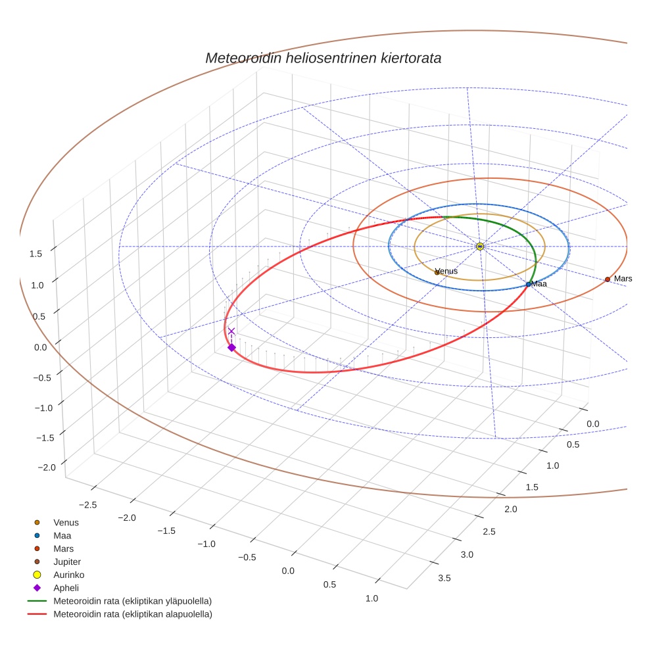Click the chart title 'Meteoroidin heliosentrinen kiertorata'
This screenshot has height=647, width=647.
tap(323, 58)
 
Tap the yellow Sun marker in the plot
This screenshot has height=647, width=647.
tap(480, 246)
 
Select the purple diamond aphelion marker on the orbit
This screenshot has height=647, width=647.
tap(231, 347)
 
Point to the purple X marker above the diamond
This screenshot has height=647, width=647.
tap(231, 331)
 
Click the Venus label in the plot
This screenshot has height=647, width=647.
tap(447, 271)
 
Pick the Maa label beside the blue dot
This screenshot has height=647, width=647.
tap(539, 284)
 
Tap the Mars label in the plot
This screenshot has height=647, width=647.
tap(623, 279)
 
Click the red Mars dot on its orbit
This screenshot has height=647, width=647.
tap(608, 279)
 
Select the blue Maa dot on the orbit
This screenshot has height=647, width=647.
tap(529, 284)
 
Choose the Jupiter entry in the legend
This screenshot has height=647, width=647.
tap(66, 562)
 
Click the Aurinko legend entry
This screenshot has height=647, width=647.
tap(68, 575)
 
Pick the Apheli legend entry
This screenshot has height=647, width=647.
tap(66, 588)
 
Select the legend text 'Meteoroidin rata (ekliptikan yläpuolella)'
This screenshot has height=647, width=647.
tap(132, 601)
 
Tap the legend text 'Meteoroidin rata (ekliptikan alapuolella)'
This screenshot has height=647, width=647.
tap(132, 614)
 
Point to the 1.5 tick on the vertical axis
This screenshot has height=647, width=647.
tap(37, 254)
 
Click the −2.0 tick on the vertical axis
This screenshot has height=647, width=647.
tap(47, 467)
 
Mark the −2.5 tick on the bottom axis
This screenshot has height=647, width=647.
tap(89, 504)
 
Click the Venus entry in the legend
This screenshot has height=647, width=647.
tap(66, 522)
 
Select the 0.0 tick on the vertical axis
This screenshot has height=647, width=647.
tap(41, 347)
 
